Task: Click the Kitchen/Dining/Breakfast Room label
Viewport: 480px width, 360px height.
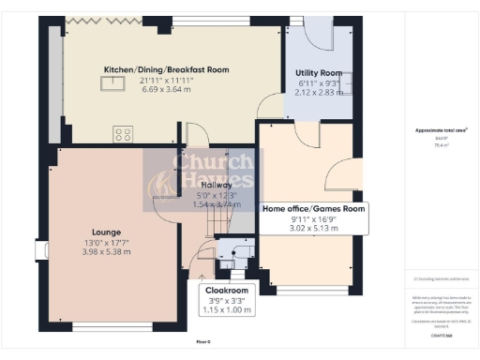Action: tap(166, 69)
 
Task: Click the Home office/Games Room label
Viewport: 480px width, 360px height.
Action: tap(314, 208)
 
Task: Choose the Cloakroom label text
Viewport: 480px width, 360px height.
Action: tap(226, 291)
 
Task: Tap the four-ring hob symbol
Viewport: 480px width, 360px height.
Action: tap(123, 134)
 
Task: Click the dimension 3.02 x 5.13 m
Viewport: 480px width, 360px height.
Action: tap(314, 228)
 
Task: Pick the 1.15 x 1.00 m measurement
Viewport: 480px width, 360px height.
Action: tap(226, 308)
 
